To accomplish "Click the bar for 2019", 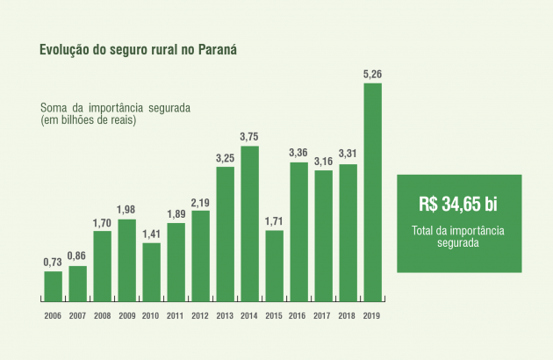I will (x=372, y=191).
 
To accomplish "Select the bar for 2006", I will (x=53, y=285).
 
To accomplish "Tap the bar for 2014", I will (x=249, y=222).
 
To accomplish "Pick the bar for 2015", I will (x=274, y=264).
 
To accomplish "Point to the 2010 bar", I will (x=151, y=270).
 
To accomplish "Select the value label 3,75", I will (x=249, y=137).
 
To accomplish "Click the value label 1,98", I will (x=126, y=211).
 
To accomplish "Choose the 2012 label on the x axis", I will (x=200, y=314).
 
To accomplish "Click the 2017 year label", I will (x=323, y=314).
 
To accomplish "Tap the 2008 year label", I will (x=102, y=314).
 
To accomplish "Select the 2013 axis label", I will (x=225, y=314).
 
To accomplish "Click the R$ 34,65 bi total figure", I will (x=458, y=205).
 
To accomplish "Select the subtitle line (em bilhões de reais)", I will (x=88, y=119).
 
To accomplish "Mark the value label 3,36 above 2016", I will (x=298, y=154).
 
